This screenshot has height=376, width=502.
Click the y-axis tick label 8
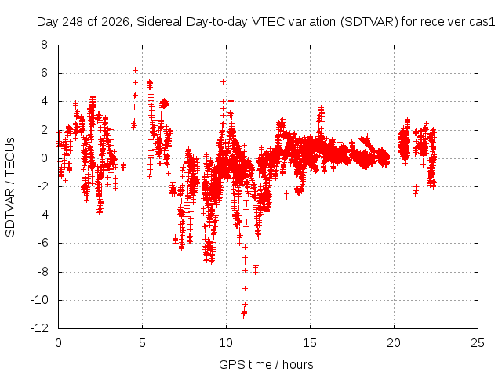44,45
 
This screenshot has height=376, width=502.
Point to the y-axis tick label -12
39,328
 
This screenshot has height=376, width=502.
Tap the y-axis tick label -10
39,300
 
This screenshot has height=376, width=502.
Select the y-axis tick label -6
42,243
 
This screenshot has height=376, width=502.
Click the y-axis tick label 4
44,101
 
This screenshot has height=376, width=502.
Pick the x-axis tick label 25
478,343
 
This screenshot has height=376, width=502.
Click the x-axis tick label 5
142,343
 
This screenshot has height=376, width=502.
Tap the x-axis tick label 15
310,343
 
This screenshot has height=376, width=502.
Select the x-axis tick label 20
394,343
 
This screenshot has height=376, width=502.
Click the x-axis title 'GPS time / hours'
266,364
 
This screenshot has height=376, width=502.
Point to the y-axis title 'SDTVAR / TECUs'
10,187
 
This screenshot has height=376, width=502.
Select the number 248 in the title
72,22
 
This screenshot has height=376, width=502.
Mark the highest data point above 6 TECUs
135,70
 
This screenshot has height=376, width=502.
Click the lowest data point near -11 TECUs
244,316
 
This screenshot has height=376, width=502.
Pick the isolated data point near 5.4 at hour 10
223,81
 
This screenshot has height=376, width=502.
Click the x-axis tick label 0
58,343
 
